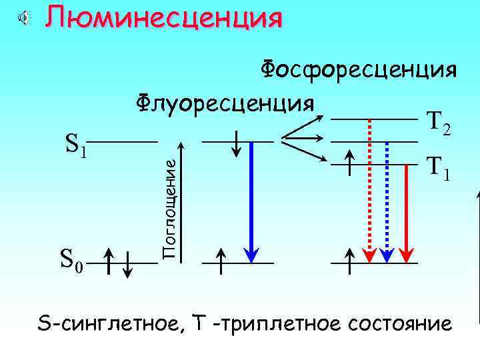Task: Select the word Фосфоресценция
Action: pyautogui.click(x=358, y=69)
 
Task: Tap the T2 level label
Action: pyautogui.click(x=438, y=122)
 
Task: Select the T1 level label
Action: pyautogui.click(x=438, y=170)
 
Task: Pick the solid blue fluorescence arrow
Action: pyautogui.click(x=251, y=200)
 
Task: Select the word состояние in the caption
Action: pyautogui.click(x=408, y=324)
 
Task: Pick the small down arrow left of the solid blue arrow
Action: pyautogui.click(x=237, y=142)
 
